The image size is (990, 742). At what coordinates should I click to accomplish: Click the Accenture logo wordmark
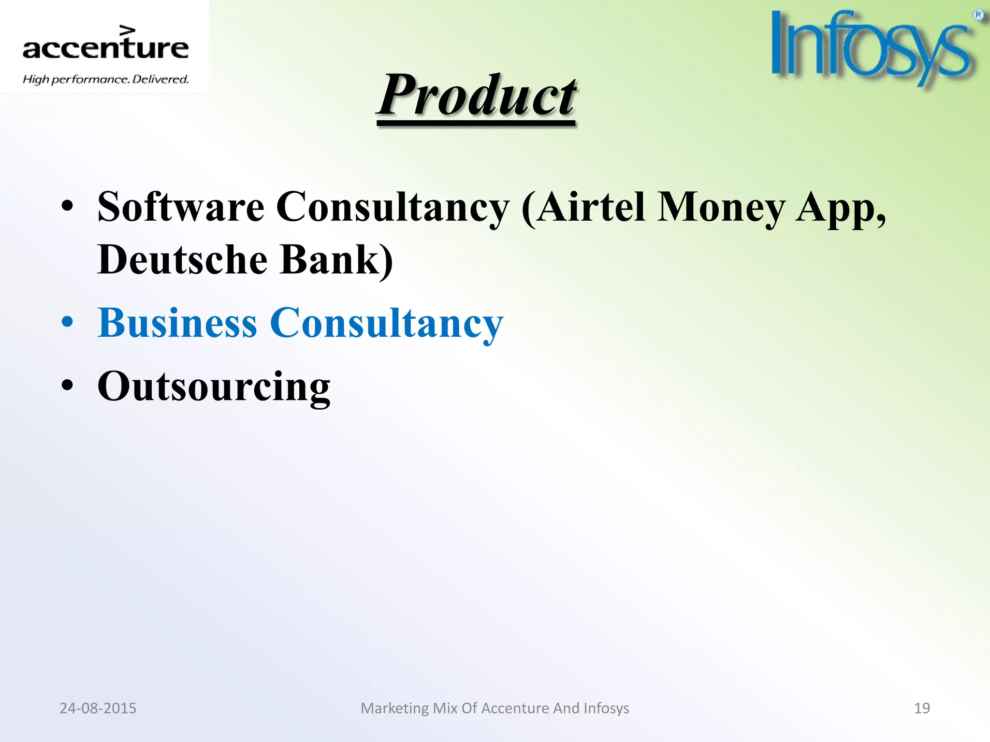105,47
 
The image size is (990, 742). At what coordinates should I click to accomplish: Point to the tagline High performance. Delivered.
105,79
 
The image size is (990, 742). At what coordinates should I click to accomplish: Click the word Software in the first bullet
180,207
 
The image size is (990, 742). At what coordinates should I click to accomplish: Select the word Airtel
591,207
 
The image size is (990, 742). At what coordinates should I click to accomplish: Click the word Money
721,208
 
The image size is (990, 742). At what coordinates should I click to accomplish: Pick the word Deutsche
182,259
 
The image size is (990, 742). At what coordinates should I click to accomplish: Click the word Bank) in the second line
337,259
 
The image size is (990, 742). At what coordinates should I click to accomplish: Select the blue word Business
177,323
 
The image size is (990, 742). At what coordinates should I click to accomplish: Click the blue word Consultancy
386,324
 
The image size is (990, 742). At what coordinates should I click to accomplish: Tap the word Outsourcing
214,387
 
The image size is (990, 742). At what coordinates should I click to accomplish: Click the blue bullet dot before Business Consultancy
68,323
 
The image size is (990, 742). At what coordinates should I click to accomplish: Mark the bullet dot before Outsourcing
68,386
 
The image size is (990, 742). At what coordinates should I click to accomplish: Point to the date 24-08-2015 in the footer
98,708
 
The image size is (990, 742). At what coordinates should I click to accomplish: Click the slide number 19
921,708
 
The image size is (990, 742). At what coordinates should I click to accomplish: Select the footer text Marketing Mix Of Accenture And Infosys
495,708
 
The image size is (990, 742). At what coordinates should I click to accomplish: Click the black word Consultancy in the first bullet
393,208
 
